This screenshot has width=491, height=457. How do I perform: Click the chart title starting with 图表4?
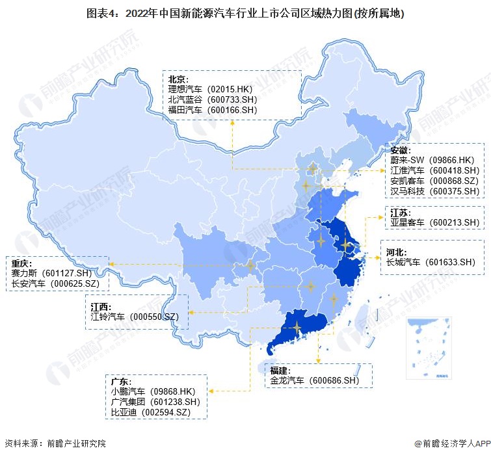coord(245,13)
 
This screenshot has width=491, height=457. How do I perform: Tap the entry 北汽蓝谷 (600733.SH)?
coord(212,100)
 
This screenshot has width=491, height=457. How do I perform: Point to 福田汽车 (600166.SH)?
coord(212,111)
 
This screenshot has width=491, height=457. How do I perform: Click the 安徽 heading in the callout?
coord(401,150)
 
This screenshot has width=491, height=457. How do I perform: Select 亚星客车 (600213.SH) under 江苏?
coord(434,222)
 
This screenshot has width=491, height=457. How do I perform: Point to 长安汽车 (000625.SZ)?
coord(55,284)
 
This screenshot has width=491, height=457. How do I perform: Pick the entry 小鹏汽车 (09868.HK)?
coord(153,392)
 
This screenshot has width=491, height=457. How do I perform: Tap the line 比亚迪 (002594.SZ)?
coord(150,413)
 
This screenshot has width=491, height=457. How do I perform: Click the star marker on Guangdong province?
coord(297,327)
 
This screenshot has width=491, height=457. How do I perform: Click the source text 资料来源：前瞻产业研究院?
coord(55,443)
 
